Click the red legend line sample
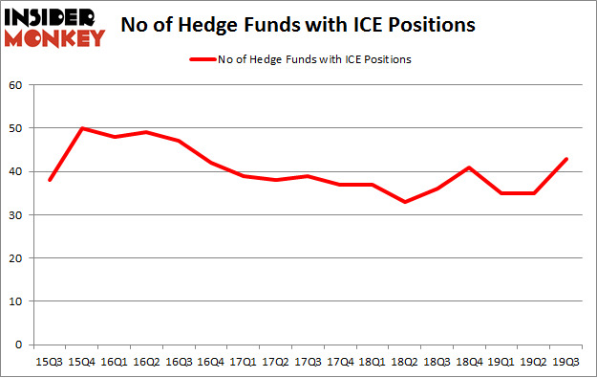tap(204, 59)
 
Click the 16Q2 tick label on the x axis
tap(146, 363)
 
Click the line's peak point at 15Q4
tap(81, 128)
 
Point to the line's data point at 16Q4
tap(211, 163)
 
